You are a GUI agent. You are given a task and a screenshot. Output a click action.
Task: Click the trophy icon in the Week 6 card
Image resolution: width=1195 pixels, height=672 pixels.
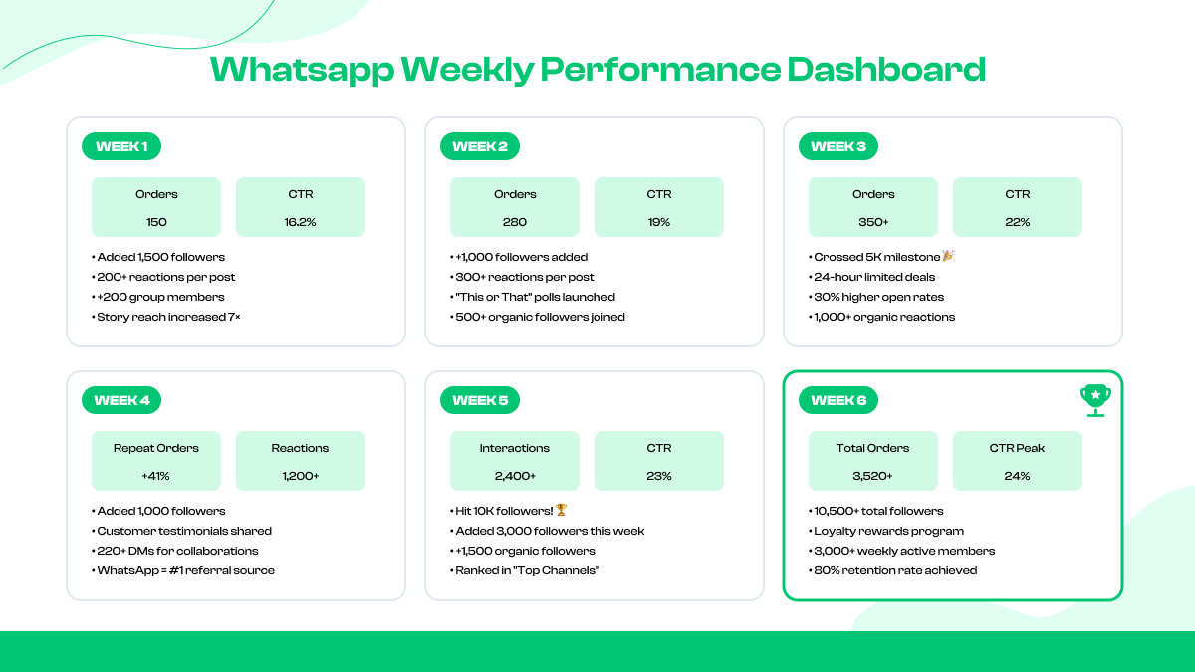[x=1095, y=399]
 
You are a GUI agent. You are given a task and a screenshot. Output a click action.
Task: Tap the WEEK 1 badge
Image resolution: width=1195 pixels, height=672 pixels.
[x=121, y=146]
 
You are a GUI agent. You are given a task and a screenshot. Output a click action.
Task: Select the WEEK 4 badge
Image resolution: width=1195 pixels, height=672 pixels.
[x=121, y=400]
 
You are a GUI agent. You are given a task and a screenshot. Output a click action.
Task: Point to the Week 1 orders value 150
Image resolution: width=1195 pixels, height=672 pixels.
[x=156, y=222]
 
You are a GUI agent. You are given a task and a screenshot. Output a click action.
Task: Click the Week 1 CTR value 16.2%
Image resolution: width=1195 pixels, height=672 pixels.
[x=301, y=222]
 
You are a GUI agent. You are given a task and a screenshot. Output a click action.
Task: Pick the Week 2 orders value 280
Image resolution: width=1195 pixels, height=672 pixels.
[x=515, y=222]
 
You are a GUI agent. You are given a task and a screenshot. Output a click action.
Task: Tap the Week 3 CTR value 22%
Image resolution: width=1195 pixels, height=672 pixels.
[x=1018, y=222]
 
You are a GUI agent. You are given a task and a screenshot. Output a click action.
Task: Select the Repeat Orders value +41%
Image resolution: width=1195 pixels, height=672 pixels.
[x=156, y=476]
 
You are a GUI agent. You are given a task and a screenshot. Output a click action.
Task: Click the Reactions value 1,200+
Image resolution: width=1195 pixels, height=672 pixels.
[x=301, y=476]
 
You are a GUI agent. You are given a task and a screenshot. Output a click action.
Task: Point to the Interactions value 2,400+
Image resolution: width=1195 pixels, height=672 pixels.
[x=515, y=476]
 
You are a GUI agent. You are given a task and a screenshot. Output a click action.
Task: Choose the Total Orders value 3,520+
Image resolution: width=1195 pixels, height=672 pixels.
[x=873, y=476]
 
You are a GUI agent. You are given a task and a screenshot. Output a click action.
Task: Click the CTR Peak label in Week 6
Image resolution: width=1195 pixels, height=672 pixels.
[x=1018, y=448]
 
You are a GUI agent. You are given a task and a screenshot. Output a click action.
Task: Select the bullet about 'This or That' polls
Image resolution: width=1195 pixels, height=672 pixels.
[x=534, y=297]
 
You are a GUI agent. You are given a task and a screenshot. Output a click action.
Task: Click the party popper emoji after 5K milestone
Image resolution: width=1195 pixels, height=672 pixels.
[x=948, y=257]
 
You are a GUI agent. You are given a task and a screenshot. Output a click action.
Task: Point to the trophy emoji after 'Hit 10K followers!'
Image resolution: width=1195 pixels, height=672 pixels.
[x=561, y=511]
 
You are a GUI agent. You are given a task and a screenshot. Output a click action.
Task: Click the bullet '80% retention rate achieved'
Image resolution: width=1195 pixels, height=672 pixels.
[x=894, y=570]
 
